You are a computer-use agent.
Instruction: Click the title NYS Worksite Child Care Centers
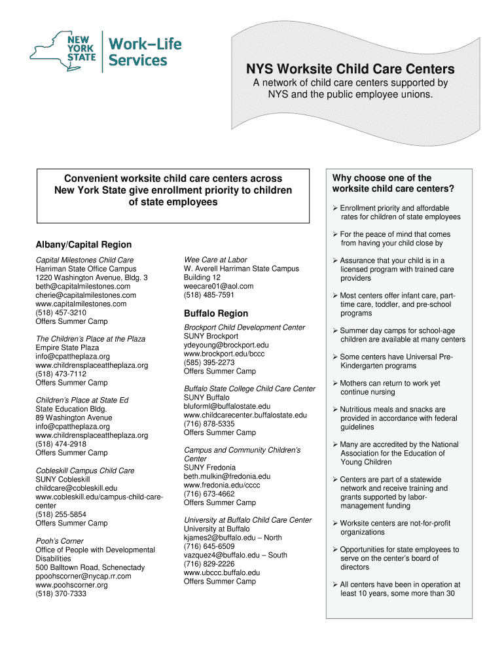point(350,69)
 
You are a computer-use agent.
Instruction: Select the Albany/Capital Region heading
point(83,245)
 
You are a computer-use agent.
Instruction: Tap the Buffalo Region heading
point(216,313)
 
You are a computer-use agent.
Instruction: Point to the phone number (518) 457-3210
point(61,313)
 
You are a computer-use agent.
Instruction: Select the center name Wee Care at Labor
point(215,260)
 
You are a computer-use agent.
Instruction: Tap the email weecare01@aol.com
point(219,286)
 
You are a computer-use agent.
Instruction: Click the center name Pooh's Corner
point(60,541)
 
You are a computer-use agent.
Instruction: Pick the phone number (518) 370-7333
point(61,594)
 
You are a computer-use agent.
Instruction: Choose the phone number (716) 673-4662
point(209,494)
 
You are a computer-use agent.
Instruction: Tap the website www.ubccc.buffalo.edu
point(222,573)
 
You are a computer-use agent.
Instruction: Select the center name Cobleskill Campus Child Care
point(85,470)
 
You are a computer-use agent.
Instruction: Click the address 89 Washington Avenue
point(74,417)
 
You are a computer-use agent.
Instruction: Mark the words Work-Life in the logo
point(145,44)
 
